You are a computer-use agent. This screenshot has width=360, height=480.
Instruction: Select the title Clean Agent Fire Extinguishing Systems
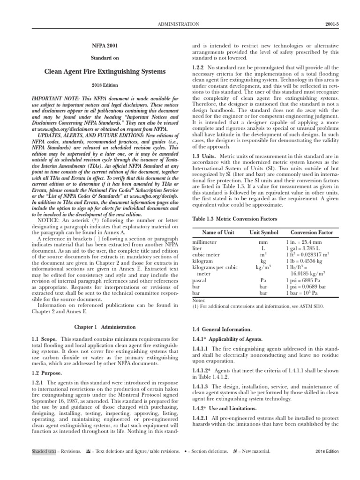pos(105,72)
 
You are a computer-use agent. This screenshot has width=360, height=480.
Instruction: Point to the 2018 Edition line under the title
pos(105,86)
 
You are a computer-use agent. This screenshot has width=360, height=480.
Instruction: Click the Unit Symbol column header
pos(263,232)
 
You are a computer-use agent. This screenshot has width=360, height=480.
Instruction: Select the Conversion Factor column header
pos(312,232)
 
